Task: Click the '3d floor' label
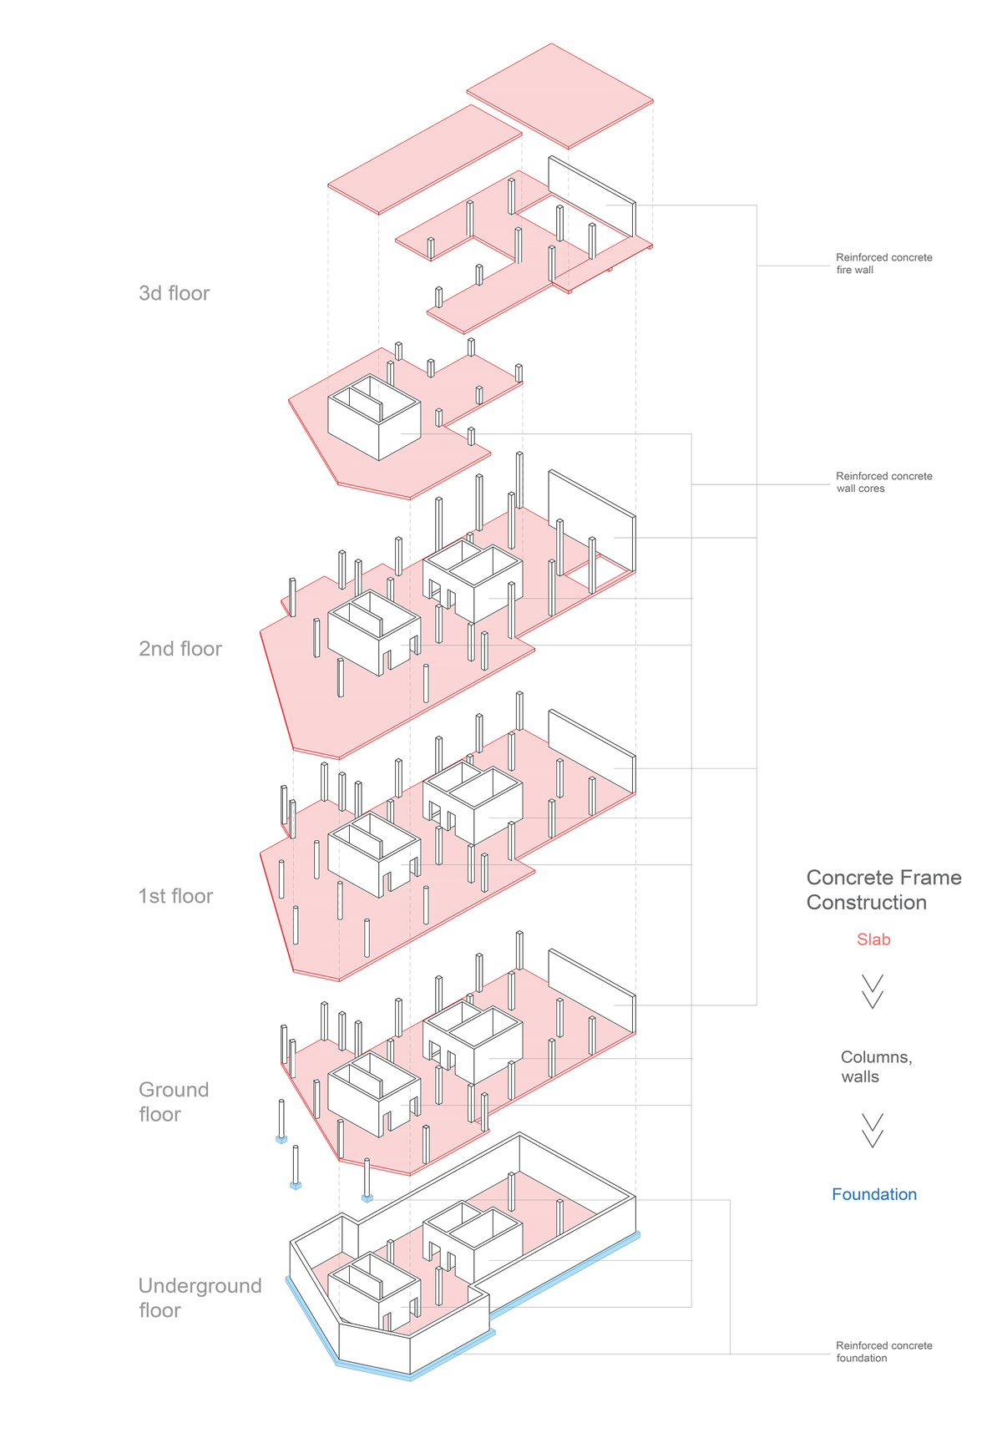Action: point(174,293)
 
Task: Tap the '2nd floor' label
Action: point(180,649)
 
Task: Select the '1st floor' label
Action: point(175,896)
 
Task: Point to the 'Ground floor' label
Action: point(173,1101)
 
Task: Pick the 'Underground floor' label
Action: point(199,1298)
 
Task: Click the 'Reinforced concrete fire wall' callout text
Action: point(883,264)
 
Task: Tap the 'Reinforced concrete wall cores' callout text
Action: point(883,482)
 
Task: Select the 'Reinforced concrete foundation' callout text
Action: point(883,1351)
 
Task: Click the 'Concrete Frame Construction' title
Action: point(883,889)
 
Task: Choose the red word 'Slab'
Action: point(873,939)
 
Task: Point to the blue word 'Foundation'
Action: point(873,1194)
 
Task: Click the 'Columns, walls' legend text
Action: point(875,1066)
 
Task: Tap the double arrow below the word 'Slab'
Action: point(873,991)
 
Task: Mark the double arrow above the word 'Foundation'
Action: point(873,1130)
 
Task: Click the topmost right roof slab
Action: point(559,96)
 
